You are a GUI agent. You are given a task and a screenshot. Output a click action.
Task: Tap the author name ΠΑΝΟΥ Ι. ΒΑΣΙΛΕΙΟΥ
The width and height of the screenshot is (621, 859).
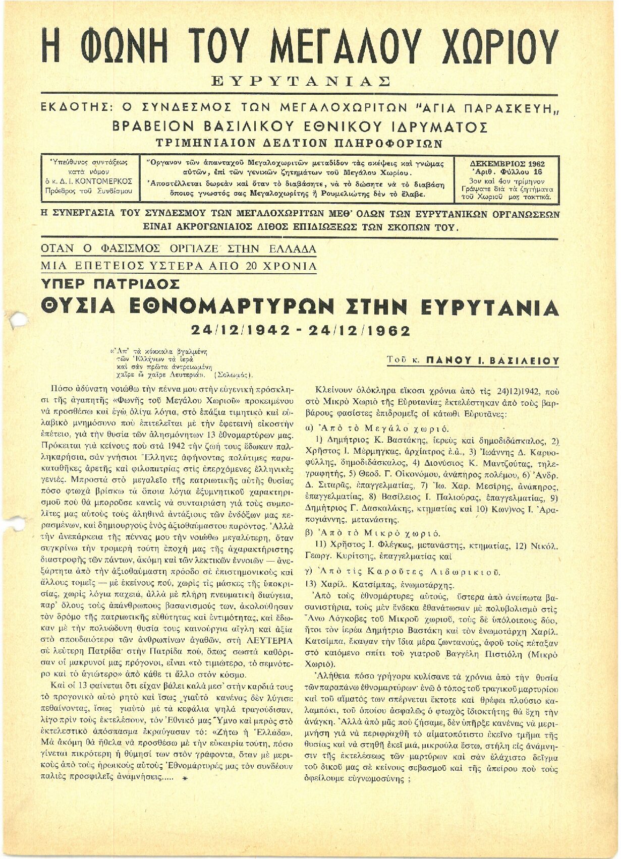pos(492,361)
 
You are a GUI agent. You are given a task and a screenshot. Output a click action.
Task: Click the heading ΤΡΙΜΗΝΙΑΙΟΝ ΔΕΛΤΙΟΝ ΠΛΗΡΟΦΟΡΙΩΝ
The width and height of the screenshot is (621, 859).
pos(300,143)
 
